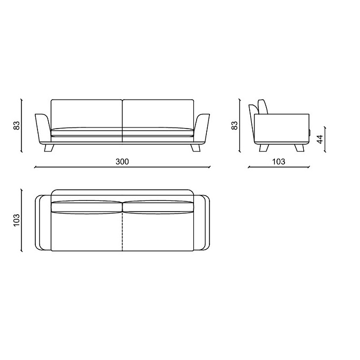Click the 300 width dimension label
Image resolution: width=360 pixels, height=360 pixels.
[122, 162]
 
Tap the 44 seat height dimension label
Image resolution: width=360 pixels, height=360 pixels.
[320, 139]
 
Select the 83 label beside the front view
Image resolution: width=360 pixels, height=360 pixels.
[17, 125]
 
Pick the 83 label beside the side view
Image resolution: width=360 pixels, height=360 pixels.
[235, 125]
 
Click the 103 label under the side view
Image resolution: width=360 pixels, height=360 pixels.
[279, 162]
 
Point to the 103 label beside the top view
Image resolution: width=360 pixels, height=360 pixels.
[17, 220]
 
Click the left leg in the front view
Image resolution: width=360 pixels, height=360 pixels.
[49, 148]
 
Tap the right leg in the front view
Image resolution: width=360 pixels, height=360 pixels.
[196, 148]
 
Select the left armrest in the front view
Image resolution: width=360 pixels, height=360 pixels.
[42, 129]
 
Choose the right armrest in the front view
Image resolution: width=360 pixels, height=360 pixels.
[202, 129]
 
